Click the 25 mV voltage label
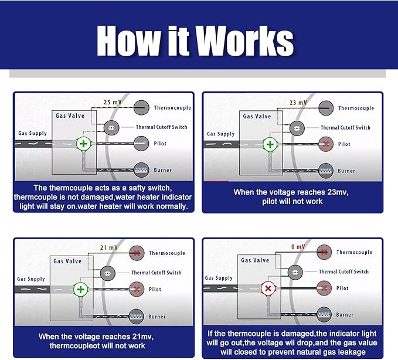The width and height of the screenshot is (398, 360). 113,102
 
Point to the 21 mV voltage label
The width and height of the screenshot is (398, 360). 110,247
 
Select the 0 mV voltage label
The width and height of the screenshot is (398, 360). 298,247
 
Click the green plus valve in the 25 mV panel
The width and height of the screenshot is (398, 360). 83,144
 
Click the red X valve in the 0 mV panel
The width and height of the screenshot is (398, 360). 268,288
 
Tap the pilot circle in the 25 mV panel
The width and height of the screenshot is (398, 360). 141,143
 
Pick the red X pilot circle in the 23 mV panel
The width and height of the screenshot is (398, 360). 326,144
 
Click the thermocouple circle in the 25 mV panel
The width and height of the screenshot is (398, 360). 141,107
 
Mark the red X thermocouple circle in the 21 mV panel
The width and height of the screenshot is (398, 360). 138,253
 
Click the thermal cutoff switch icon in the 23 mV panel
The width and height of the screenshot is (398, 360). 296,127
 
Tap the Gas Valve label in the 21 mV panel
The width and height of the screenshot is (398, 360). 67,261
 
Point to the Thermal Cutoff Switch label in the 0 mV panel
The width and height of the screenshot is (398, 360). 343,271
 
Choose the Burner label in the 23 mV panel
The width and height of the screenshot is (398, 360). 346,171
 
